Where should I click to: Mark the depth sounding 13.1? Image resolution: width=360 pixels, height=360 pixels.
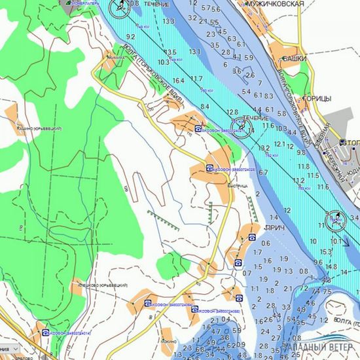coord(195,52)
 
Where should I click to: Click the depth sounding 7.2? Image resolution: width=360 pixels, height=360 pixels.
coord(317,291)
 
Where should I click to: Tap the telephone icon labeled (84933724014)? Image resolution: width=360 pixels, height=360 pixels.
coord(45,333)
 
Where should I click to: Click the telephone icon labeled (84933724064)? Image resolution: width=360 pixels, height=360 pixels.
coord(148,304)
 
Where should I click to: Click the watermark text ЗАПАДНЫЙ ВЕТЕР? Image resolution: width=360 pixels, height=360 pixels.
coord(320,348)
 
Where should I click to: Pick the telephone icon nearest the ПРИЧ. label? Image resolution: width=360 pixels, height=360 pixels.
coord(251,237)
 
